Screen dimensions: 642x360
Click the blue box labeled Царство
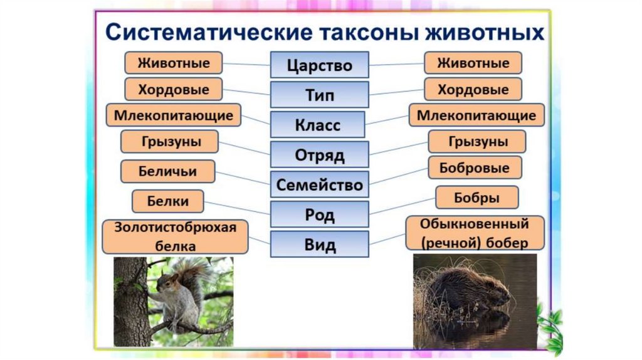[319, 65]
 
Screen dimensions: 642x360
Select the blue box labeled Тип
[319, 95]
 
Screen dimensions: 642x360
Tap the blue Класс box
[317, 125]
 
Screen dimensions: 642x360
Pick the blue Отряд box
[319, 154]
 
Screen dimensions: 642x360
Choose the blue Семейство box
[319, 184]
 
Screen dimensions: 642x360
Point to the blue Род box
[319, 214]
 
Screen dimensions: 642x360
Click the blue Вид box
[319, 244]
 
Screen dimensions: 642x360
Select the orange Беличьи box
[168, 171]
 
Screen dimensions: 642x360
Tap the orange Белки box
[168, 201]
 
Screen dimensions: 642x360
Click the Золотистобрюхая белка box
[176, 236]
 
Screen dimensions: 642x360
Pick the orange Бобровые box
[475, 167]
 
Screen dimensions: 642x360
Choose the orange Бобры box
[477, 198]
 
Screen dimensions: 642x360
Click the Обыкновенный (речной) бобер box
[475, 233]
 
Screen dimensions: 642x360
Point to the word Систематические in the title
[209, 32]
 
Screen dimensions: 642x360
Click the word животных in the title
[485, 32]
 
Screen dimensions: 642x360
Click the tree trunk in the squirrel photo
[131, 302]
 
